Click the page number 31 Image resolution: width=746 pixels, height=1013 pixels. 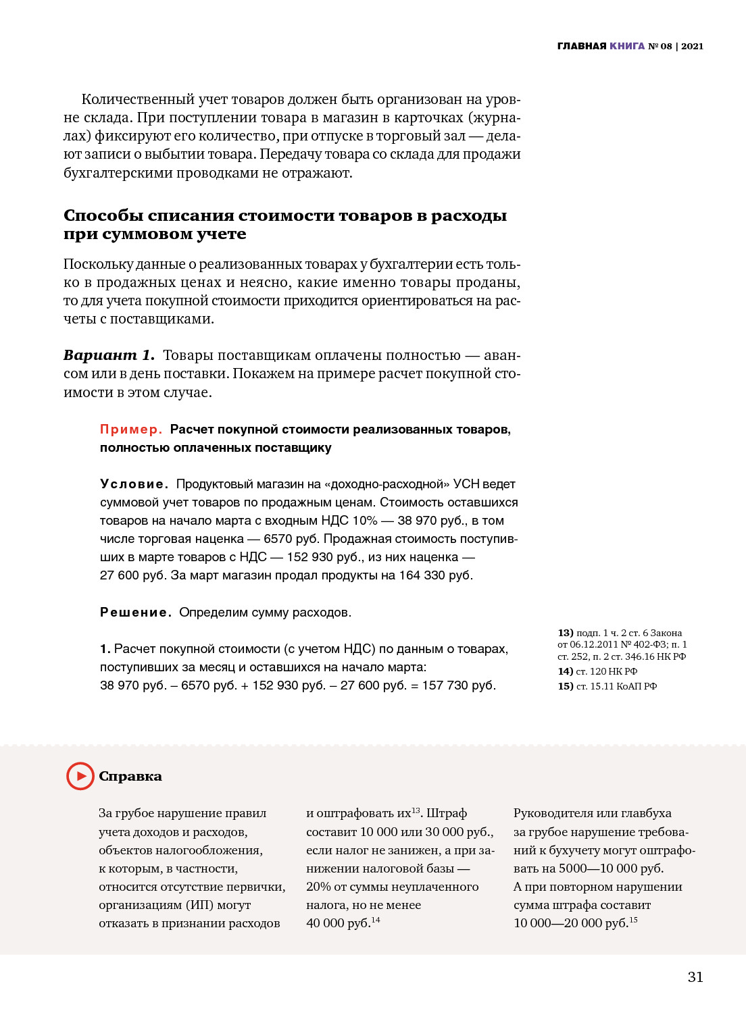click(695, 977)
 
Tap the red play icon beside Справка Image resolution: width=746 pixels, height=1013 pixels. click(80, 776)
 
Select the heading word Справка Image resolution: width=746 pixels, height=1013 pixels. click(130, 777)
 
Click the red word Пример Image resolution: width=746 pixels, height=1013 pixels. click(130, 430)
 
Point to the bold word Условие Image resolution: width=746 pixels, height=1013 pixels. click(133, 484)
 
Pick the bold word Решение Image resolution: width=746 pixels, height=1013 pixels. click(134, 613)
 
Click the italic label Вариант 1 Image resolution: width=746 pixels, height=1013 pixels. click(109, 355)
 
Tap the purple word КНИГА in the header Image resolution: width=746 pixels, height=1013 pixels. click(627, 46)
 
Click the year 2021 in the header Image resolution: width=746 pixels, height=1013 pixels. click(692, 46)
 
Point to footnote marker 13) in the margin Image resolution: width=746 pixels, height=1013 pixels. click(565, 633)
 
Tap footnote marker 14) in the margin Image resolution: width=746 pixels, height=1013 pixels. click(565, 671)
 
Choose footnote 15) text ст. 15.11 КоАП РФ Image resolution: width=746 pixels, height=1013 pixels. click(616, 686)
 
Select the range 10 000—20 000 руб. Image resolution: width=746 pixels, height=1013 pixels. click(570, 923)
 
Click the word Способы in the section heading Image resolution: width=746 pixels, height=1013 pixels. click(103, 215)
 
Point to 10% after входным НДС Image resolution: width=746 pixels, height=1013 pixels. click(364, 521)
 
